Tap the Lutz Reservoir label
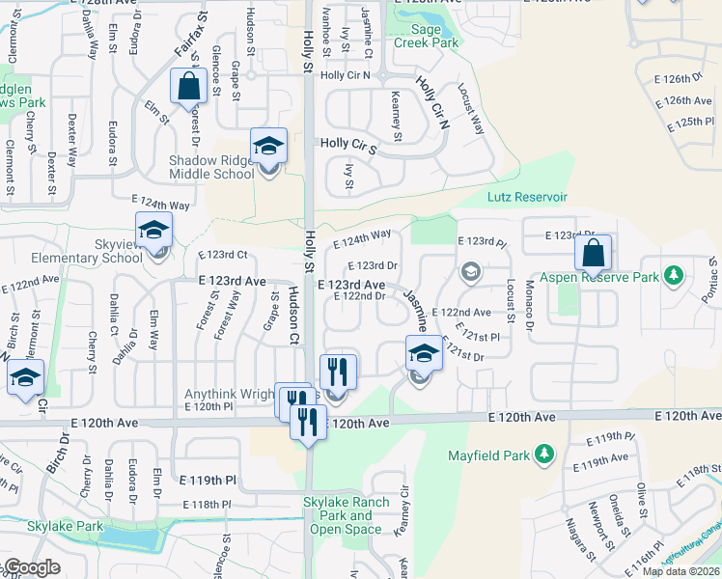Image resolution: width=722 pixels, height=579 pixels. point(526,197)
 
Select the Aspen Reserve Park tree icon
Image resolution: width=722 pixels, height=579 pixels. point(674,277)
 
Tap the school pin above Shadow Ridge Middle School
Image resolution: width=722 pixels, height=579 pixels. point(268,147)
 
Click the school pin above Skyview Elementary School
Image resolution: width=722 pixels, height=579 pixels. point(153,232)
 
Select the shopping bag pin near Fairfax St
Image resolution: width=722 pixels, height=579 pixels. point(189,86)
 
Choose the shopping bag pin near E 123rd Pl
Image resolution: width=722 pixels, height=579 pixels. point(593,254)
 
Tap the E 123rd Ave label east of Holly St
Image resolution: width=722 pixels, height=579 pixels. point(352,285)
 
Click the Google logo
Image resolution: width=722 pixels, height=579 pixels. point(31,567)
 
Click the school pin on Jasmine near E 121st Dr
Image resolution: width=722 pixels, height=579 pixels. point(423,354)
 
